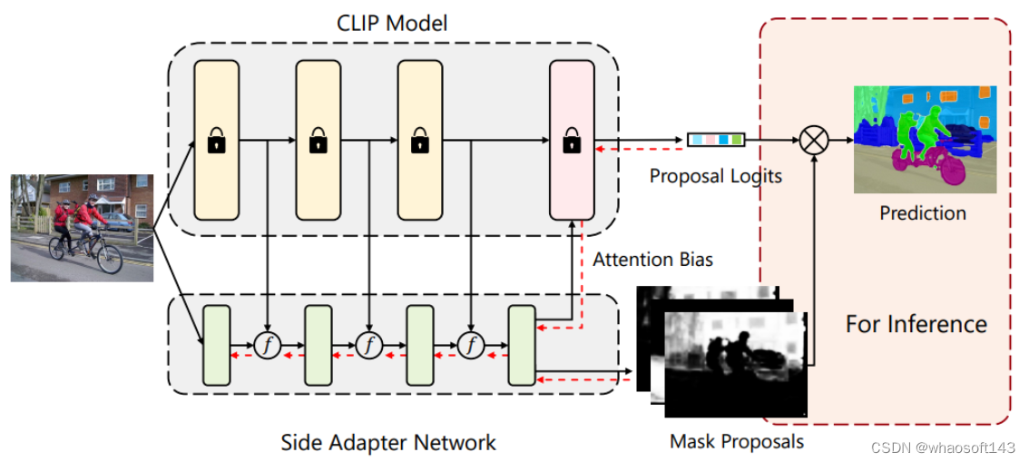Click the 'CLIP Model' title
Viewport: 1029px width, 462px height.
tap(393, 22)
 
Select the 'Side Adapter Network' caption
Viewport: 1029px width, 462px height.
tap(388, 443)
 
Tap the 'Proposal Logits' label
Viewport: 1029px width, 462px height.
tap(715, 176)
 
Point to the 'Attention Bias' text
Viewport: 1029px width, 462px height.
tap(652, 260)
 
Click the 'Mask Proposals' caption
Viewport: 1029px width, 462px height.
tap(737, 442)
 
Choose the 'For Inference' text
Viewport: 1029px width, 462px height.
tap(916, 324)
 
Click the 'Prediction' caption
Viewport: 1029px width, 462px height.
tap(922, 213)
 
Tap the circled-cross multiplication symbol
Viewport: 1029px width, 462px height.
tap(814, 140)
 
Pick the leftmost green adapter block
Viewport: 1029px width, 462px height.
tap(217, 345)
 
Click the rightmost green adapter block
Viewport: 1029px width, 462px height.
tap(522, 345)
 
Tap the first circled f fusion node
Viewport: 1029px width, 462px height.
tap(268, 345)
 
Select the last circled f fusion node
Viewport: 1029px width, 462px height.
tap(471, 345)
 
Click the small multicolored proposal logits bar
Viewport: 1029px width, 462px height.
tap(716, 140)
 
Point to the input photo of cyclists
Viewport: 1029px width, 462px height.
tap(82, 227)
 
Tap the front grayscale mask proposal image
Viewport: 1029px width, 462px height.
tap(736, 363)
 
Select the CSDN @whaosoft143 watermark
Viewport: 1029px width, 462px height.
tap(943, 448)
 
